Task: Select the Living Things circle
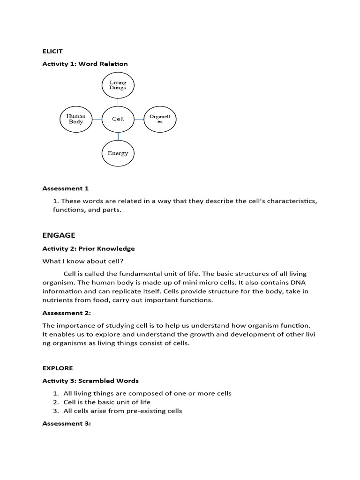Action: pos(118,85)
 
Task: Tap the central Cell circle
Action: pos(118,119)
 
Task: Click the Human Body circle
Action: pos(76,119)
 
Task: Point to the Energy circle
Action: pos(118,153)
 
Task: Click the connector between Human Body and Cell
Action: pos(97,119)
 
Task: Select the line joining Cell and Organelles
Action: pos(139,119)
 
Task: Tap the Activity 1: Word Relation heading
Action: pos(85,64)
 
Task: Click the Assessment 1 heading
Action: pos(65,188)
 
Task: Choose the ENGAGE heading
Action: pos(59,235)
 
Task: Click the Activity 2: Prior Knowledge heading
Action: pos(89,248)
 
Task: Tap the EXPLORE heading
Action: pos(58,368)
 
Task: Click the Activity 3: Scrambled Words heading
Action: pos(90,381)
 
